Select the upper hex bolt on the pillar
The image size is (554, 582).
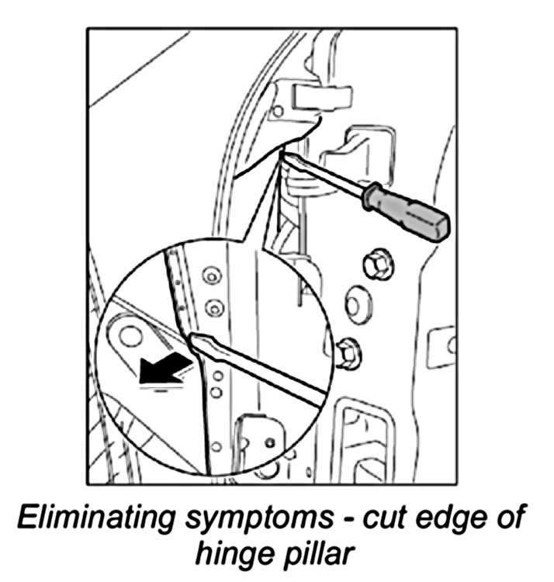pyautogui.click(x=378, y=265)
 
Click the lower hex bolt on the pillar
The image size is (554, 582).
pyautogui.click(x=348, y=355)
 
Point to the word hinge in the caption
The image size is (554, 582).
pyautogui.click(x=236, y=554)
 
